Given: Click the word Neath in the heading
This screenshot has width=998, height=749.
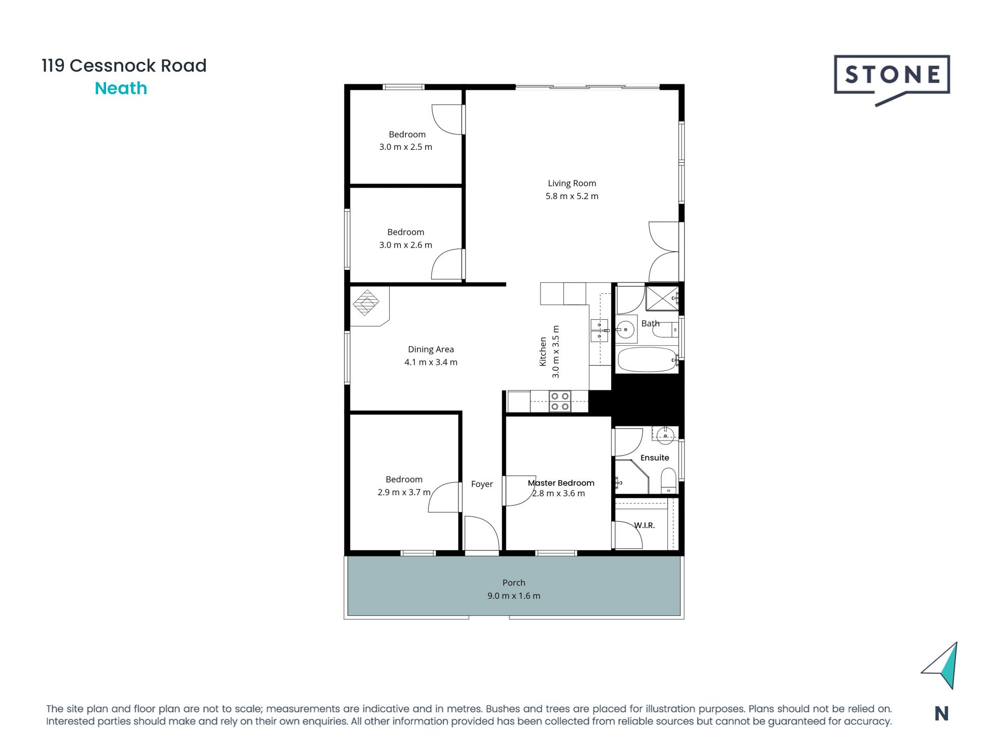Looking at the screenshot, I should (x=121, y=88).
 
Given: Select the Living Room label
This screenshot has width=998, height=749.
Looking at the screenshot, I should (x=572, y=183).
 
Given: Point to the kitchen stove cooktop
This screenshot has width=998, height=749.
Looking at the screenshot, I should (x=560, y=402).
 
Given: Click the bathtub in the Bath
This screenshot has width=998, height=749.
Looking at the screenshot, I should (x=646, y=359).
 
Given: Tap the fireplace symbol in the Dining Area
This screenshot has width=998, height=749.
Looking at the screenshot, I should (x=366, y=303).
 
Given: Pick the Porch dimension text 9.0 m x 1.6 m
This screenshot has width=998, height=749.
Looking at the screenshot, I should (x=514, y=596).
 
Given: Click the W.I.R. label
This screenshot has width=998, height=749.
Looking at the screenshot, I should (x=644, y=525).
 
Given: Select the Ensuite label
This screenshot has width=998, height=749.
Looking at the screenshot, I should (x=654, y=458).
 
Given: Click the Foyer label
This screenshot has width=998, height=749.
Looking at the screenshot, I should (x=482, y=484).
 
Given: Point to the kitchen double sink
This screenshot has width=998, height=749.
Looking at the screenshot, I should (x=599, y=331).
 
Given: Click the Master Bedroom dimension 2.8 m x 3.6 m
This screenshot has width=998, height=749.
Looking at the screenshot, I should (x=559, y=494).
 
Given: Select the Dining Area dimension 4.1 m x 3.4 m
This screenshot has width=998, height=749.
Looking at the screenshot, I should (x=431, y=363).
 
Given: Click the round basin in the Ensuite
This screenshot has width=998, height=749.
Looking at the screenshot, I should (x=665, y=435).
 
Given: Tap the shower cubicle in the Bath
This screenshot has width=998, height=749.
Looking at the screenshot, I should (x=661, y=298).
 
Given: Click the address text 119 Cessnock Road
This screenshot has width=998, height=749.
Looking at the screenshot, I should (x=124, y=66).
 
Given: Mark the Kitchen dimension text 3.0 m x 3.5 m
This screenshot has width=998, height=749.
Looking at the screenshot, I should (x=556, y=352).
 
